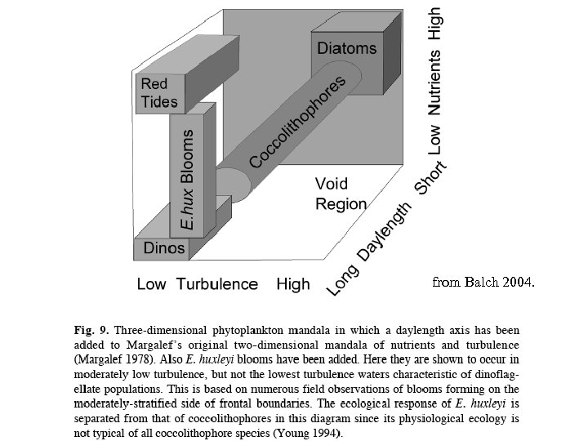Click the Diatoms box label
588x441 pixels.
347,47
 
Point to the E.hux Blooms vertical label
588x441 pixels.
187,179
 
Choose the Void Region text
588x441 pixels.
341,194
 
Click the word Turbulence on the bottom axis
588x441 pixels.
218,284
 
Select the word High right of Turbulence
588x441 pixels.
293,284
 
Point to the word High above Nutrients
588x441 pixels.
436,24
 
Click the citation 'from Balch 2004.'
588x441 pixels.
483,283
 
